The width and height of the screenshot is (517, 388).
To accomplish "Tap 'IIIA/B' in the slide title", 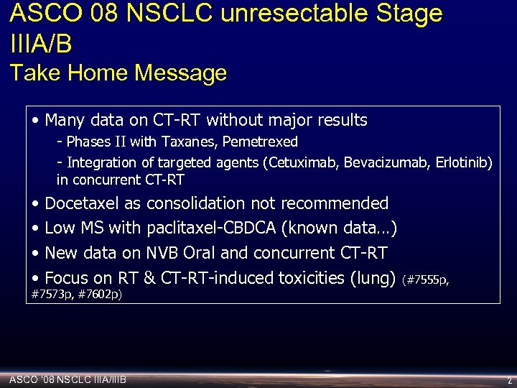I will [x=42, y=44].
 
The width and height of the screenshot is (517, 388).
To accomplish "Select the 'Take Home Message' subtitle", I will [x=118, y=73].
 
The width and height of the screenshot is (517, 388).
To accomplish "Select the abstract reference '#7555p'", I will [x=428, y=280].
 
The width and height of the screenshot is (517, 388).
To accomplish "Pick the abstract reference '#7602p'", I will [x=100, y=295].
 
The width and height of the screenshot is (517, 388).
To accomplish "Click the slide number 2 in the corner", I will [x=509, y=380].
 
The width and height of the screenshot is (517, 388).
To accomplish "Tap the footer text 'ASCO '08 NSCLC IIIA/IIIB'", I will [x=67, y=379].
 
